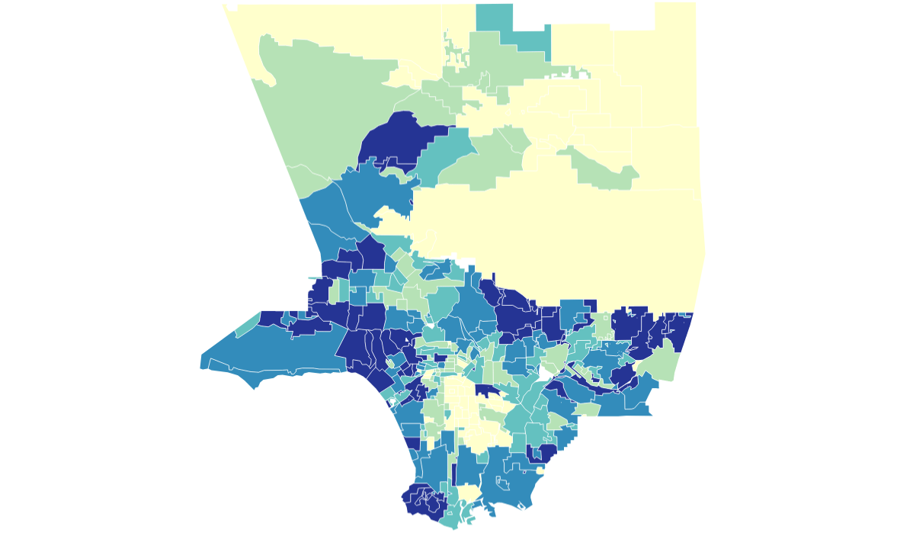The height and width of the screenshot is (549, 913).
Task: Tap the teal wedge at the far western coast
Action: [248, 324]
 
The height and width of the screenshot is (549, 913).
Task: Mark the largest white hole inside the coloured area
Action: [546, 373]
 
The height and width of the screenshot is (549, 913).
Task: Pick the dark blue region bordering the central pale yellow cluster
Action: [487, 390]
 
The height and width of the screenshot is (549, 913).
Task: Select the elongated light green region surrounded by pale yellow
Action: [602, 172]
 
